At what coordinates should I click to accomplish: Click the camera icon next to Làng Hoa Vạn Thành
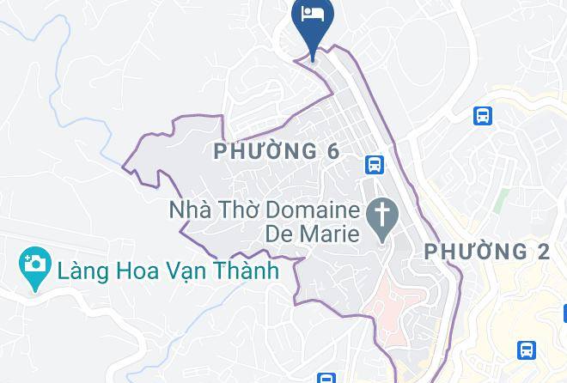(34, 269)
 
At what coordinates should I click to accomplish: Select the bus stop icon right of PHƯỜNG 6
(373, 164)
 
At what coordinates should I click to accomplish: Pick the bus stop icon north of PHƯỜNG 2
(482, 116)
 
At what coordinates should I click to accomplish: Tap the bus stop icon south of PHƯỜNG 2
(526, 350)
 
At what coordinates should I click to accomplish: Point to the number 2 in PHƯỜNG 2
(541, 252)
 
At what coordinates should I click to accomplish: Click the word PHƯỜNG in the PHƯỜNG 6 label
(264, 152)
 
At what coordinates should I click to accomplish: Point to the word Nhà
(190, 210)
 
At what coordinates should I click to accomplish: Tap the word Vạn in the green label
(179, 271)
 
